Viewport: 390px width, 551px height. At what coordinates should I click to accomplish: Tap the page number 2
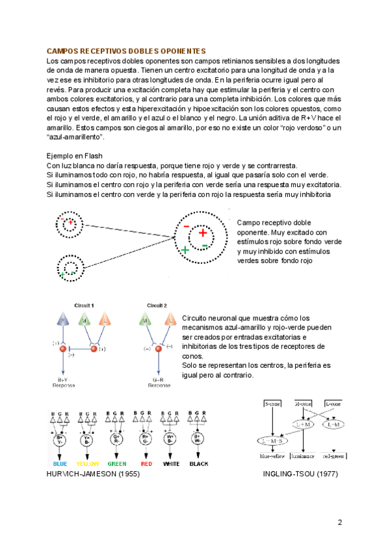click(339, 522)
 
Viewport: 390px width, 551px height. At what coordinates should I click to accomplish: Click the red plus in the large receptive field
click(202, 233)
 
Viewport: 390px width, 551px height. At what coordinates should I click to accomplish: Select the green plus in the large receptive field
click(185, 250)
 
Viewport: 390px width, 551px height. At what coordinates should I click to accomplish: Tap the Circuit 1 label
click(84, 305)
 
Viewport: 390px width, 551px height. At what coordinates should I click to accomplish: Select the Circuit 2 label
click(157, 305)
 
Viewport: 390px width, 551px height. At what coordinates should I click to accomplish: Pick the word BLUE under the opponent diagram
click(60, 465)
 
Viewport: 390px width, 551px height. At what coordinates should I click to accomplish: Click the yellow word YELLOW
click(88, 465)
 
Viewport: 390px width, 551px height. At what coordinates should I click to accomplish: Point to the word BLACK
click(199, 465)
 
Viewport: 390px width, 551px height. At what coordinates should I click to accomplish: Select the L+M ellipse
click(304, 424)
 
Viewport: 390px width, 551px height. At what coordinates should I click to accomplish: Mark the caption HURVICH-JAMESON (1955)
click(94, 474)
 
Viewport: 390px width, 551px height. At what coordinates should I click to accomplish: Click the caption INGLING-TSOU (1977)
click(301, 474)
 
